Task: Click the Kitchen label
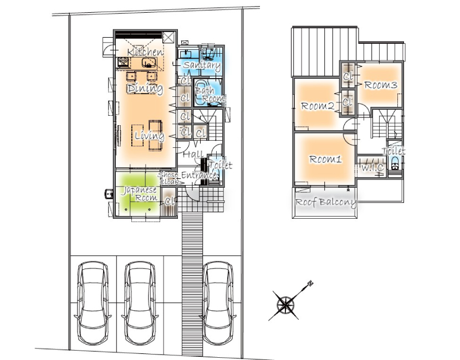coord(145,52)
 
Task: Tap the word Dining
coord(145,88)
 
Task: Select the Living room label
coord(150,136)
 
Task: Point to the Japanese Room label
coord(140,194)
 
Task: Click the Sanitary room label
coord(202,65)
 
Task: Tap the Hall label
coord(193,154)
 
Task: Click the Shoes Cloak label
coord(168,178)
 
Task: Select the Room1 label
coord(326,160)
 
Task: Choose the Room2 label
coord(318,106)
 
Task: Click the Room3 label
coord(381,85)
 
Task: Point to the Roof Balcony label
coord(326,202)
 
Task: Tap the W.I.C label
coord(372,168)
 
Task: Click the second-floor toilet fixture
coord(395,163)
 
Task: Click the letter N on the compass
coord(310,283)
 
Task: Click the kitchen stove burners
coord(123,62)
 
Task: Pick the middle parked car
coord(140,303)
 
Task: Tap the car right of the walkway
coord(218,303)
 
